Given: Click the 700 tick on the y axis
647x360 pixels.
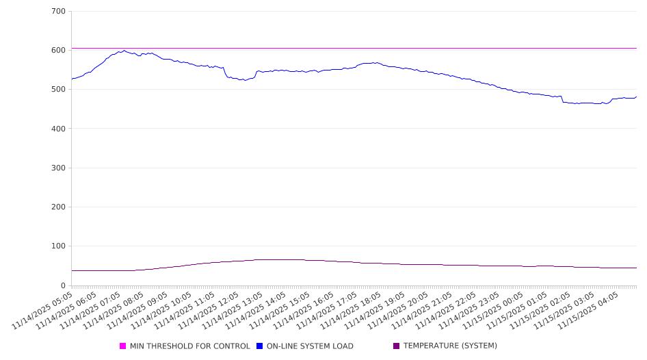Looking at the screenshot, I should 58,12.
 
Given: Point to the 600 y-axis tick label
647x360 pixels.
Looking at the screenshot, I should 58,51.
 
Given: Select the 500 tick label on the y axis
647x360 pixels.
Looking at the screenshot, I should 58,90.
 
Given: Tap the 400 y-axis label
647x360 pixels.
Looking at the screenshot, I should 58,129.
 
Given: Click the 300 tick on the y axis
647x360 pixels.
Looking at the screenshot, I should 58,168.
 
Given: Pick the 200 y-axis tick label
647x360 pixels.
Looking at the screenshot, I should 58,207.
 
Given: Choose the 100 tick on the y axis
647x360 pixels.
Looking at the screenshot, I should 58,246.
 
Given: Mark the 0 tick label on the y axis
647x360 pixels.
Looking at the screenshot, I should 62,285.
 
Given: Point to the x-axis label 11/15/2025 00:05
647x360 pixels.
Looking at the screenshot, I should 499,309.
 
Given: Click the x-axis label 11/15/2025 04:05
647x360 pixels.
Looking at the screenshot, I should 594,309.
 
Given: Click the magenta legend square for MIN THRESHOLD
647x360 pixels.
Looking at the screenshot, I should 123,346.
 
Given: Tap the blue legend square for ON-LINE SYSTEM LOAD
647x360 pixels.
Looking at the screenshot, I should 260,346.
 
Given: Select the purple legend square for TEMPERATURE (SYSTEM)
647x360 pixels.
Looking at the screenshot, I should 397,346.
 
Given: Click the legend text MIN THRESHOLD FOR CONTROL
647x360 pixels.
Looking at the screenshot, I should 189,346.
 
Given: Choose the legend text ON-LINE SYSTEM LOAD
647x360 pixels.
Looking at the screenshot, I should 310,346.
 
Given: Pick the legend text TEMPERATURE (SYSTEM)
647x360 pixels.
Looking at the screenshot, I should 450,346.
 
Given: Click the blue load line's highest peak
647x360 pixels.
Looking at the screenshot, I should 124,50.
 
